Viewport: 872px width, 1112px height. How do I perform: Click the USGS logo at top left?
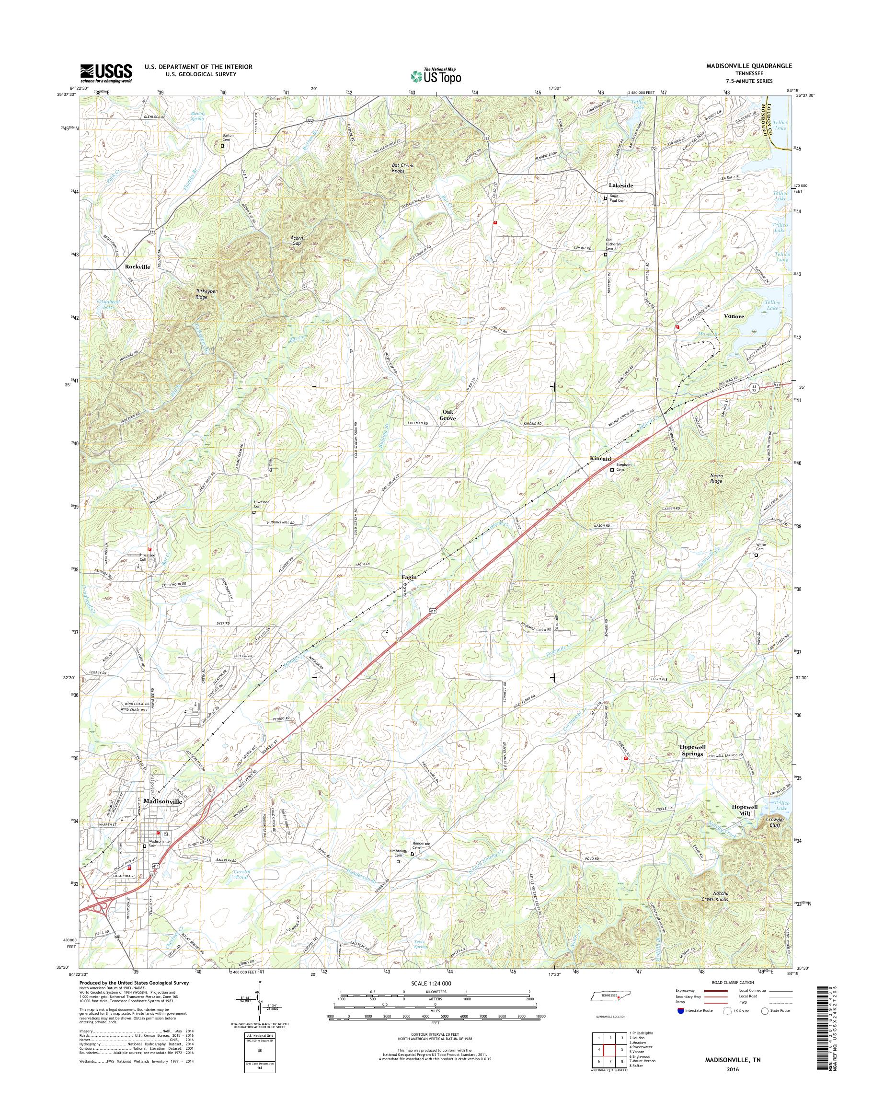click(106, 73)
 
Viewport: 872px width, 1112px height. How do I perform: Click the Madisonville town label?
click(163, 801)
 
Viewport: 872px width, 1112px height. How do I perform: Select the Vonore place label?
click(734, 316)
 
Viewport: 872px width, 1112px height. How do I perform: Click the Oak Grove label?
click(448, 415)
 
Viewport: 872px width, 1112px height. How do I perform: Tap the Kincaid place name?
click(600, 459)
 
